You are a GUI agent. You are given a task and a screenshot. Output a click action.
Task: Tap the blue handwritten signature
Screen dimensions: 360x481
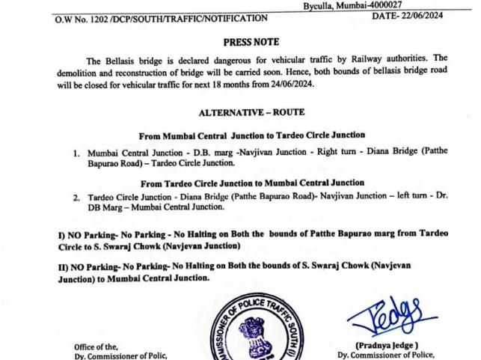click(x=393, y=313)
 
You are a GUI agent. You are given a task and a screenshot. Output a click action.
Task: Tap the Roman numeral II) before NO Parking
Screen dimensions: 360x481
click(x=62, y=266)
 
